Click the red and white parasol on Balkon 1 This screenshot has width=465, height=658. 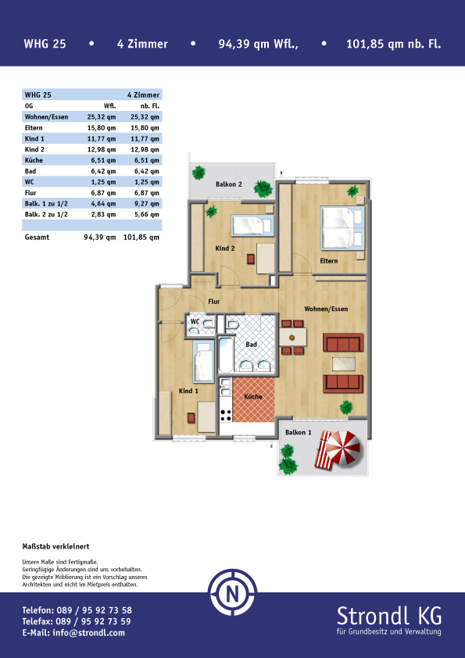tap(343, 449)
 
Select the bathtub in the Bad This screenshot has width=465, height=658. tap(225, 356)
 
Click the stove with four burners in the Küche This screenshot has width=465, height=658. tap(225, 416)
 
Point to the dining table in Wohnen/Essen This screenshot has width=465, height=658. tap(293, 337)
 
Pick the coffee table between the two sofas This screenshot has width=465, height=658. tap(344, 364)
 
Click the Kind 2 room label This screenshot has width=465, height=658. tap(225, 249)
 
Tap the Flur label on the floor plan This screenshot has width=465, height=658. tap(214, 302)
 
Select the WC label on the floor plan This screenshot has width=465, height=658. tap(195, 321)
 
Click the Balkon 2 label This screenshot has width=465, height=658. tap(229, 184)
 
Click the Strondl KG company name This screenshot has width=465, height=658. tap(389, 616)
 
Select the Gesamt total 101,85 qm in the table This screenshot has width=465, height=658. tap(141, 238)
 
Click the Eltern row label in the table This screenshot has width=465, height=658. tap(34, 128)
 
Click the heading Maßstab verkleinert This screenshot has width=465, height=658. tap(55, 546)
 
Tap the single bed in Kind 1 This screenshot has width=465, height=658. tap(203, 361)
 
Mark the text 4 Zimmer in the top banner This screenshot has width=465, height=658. tap(142, 44)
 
